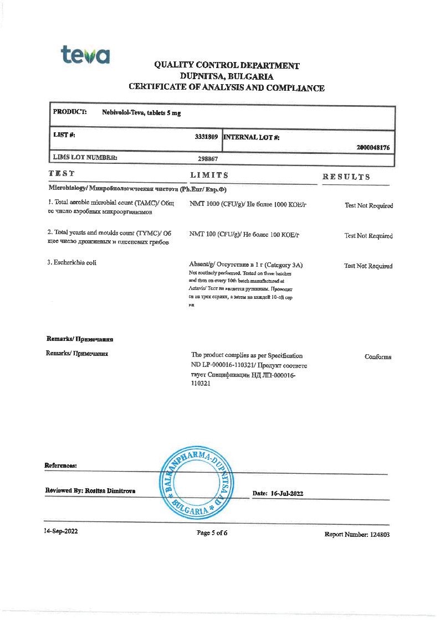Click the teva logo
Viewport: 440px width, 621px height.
[85, 55]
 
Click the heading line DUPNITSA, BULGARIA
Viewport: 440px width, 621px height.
[227, 76]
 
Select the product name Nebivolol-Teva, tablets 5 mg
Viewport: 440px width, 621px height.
[141, 112]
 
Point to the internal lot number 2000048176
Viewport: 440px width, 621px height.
[374, 148]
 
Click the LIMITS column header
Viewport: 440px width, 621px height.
[209, 175]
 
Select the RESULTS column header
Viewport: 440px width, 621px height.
[346, 177]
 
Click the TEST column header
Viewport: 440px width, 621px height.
[62, 174]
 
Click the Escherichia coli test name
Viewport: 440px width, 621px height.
[72, 262]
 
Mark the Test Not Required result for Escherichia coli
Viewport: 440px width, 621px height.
[368, 266]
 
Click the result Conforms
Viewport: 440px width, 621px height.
[378, 357]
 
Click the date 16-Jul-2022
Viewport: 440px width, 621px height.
[286, 493]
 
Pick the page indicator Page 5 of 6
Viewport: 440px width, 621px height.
[212, 533]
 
